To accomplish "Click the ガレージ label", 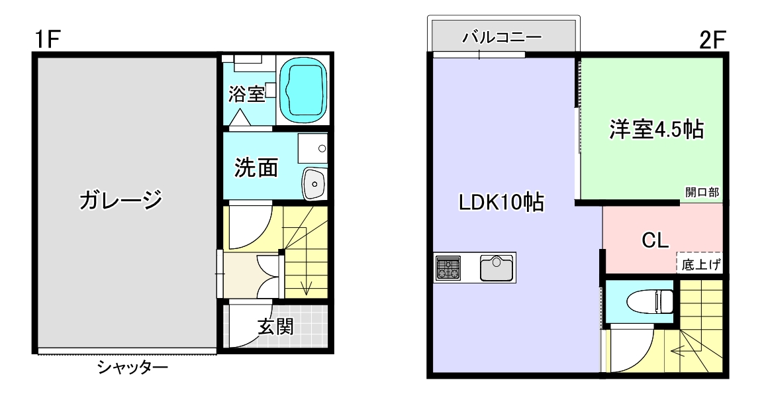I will (120, 199).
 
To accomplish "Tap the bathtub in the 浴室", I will (304, 91).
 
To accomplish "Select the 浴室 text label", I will (246, 93).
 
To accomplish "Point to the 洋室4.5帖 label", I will (656, 129).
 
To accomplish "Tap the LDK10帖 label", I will (501, 202).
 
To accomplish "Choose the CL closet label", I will (655, 240).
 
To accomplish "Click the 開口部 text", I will (702, 193).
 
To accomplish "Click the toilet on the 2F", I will (659, 302).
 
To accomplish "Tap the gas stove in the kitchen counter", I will (448, 268).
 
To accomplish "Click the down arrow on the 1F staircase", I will (307, 287).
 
